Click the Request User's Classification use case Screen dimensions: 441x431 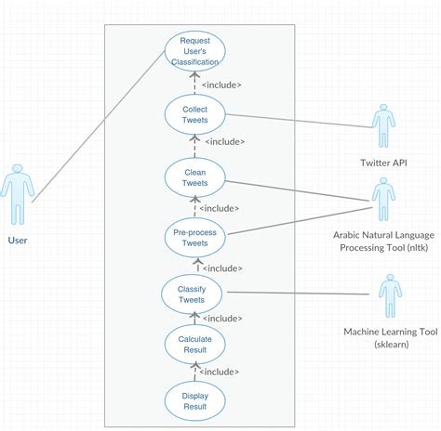tap(194, 51)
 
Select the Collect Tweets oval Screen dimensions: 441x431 tap(194, 114)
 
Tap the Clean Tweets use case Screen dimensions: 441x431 tap(194, 177)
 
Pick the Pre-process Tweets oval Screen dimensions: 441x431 tap(194, 238)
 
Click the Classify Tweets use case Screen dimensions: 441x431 tap(192, 294)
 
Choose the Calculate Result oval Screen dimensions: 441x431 tap(194, 345)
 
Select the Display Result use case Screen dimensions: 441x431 tap(194, 401)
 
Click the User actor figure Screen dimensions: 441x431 tap(18, 194)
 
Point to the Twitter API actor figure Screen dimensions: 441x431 tap(383, 125)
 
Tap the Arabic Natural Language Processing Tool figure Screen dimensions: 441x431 tap(383, 199)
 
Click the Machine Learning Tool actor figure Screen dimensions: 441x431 tap(391, 295)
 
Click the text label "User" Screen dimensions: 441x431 tap(18, 241)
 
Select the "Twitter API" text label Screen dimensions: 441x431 tap(383, 163)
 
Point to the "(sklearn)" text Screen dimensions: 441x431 tap(392, 345)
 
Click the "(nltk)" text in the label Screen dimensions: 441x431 tap(418, 248)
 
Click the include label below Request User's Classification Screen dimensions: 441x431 tap(221, 85)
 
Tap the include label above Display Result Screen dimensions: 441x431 tap(219, 372)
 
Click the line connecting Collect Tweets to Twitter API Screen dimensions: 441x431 tap(299, 121)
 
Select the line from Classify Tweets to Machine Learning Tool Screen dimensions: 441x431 tap(298, 293)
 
